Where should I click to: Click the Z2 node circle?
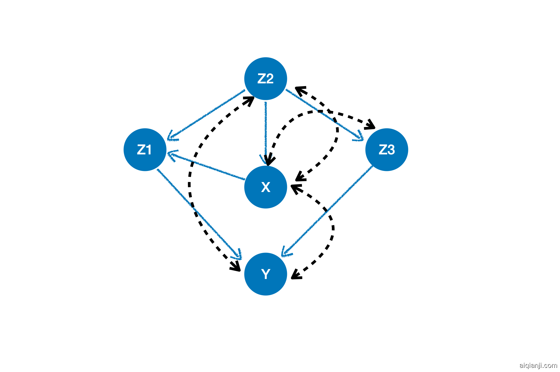click(265, 79)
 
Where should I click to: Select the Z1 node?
click(145, 150)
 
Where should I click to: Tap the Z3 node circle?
click(387, 150)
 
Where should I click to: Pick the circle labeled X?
click(265, 187)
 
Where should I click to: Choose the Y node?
click(265, 274)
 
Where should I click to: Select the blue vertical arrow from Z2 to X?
click(266, 129)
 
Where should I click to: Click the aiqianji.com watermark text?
click(538, 365)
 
